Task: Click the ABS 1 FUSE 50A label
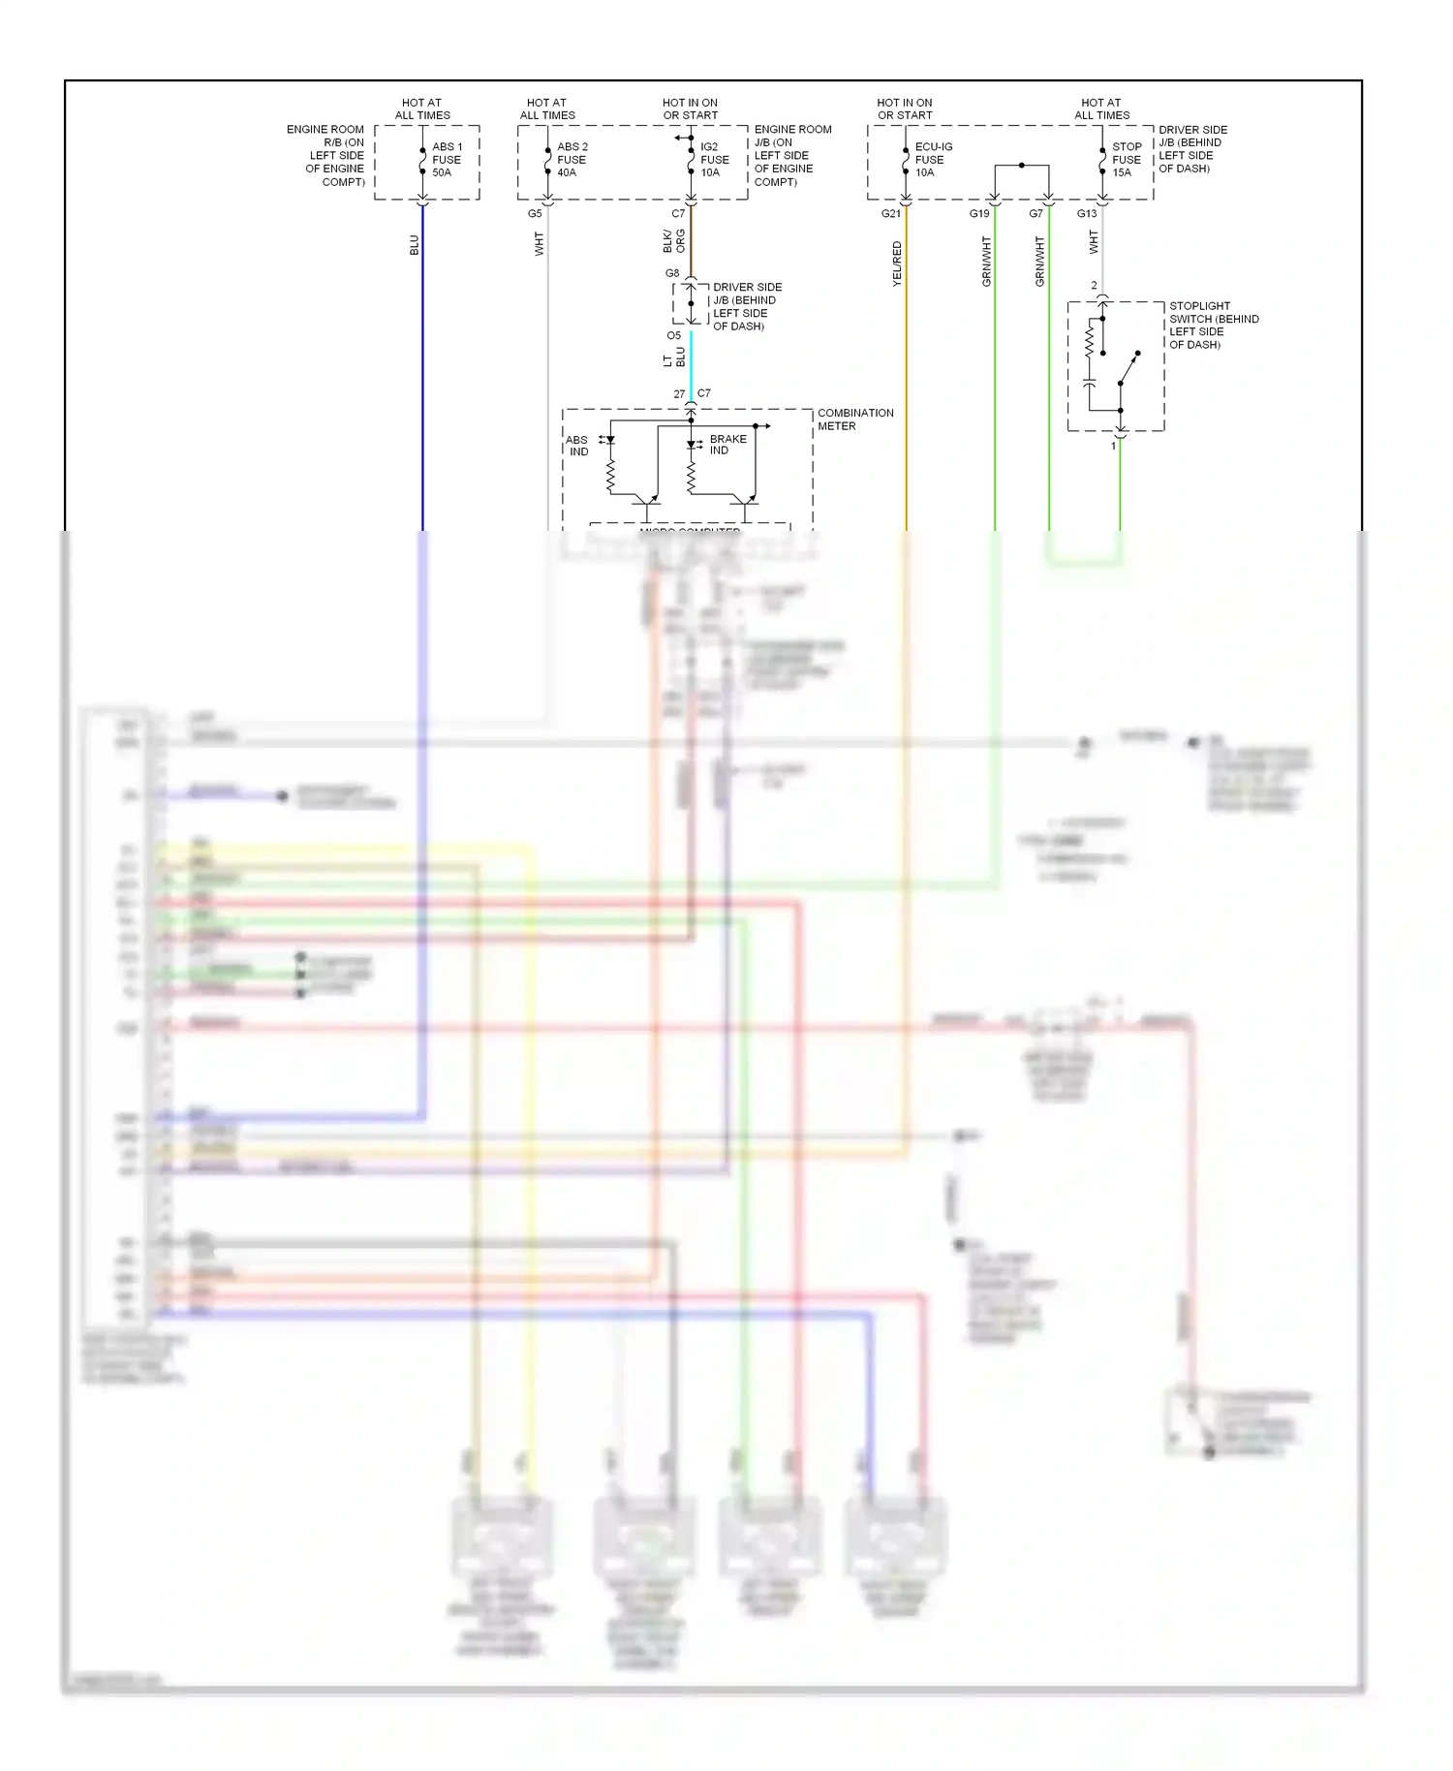click(446, 160)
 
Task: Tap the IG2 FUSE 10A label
click(714, 160)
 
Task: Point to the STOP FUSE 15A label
click(1126, 160)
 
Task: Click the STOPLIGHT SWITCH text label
click(1213, 325)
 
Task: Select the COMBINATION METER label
click(854, 419)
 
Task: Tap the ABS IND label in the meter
click(577, 446)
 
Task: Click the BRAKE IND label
click(727, 445)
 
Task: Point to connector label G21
click(890, 214)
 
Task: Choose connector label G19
click(979, 214)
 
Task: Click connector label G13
click(1087, 214)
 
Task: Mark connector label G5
click(535, 214)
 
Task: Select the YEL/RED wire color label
click(896, 264)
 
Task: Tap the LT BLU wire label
click(674, 357)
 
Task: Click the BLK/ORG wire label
click(674, 241)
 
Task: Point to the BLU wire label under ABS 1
click(415, 245)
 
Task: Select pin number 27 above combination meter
click(679, 394)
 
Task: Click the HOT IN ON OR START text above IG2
click(690, 109)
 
